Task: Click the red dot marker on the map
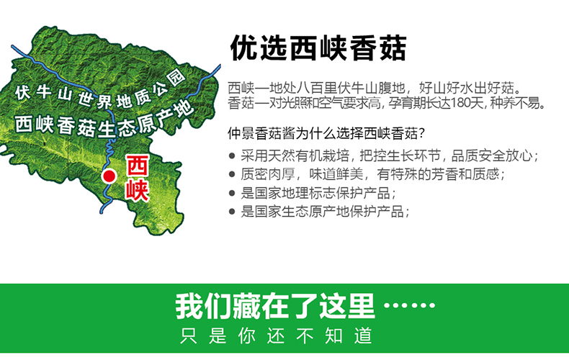click(109, 176)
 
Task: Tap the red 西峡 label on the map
click(137, 178)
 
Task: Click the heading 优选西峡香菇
click(318, 48)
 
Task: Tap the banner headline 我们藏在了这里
click(274, 307)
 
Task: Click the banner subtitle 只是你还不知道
click(276, 336)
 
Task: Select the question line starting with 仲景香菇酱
click(326, 133)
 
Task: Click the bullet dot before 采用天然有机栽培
click(232, 156)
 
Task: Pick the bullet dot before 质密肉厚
click(232, 174)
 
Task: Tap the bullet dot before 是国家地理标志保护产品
click(232, 193)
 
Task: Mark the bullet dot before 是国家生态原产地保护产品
click(232, 212)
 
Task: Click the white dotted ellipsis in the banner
click(409, 305)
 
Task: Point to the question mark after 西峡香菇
click(421, 133)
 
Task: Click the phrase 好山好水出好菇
click(466, 88)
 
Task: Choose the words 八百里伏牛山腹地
click(351, 88)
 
